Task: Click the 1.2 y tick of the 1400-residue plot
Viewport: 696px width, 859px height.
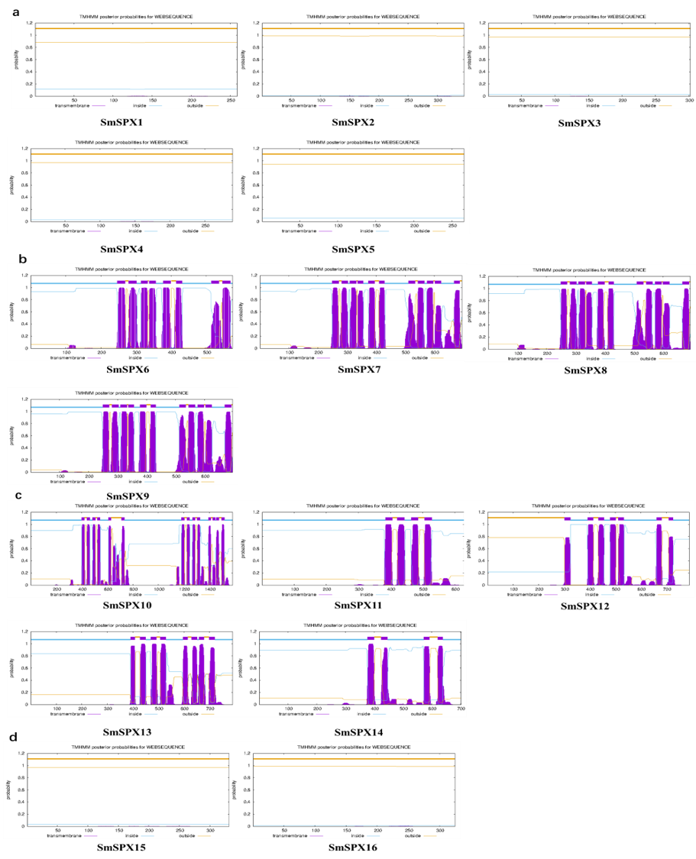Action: point(24,512)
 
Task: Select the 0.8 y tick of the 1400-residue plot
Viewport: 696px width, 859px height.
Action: point(24,536)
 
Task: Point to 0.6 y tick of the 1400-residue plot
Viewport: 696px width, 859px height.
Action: point(24,548)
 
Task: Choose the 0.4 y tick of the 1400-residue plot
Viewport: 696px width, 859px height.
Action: point(24,560)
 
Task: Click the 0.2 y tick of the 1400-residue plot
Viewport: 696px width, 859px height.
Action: point(24,573)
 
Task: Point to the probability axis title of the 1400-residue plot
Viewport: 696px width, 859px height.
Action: point(12,548)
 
